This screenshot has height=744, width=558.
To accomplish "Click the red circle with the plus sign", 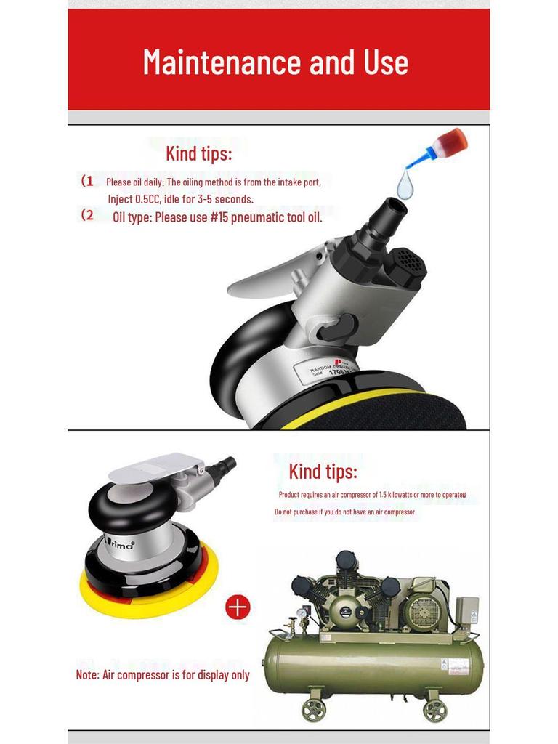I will tap(238, 607).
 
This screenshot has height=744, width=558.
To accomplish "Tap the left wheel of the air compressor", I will tap(314, 709).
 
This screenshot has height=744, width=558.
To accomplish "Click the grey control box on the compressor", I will tap(466, 609).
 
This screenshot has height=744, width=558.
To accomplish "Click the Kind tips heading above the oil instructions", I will tap(198, 154).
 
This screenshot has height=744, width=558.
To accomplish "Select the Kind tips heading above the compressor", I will tap(323, 472).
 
